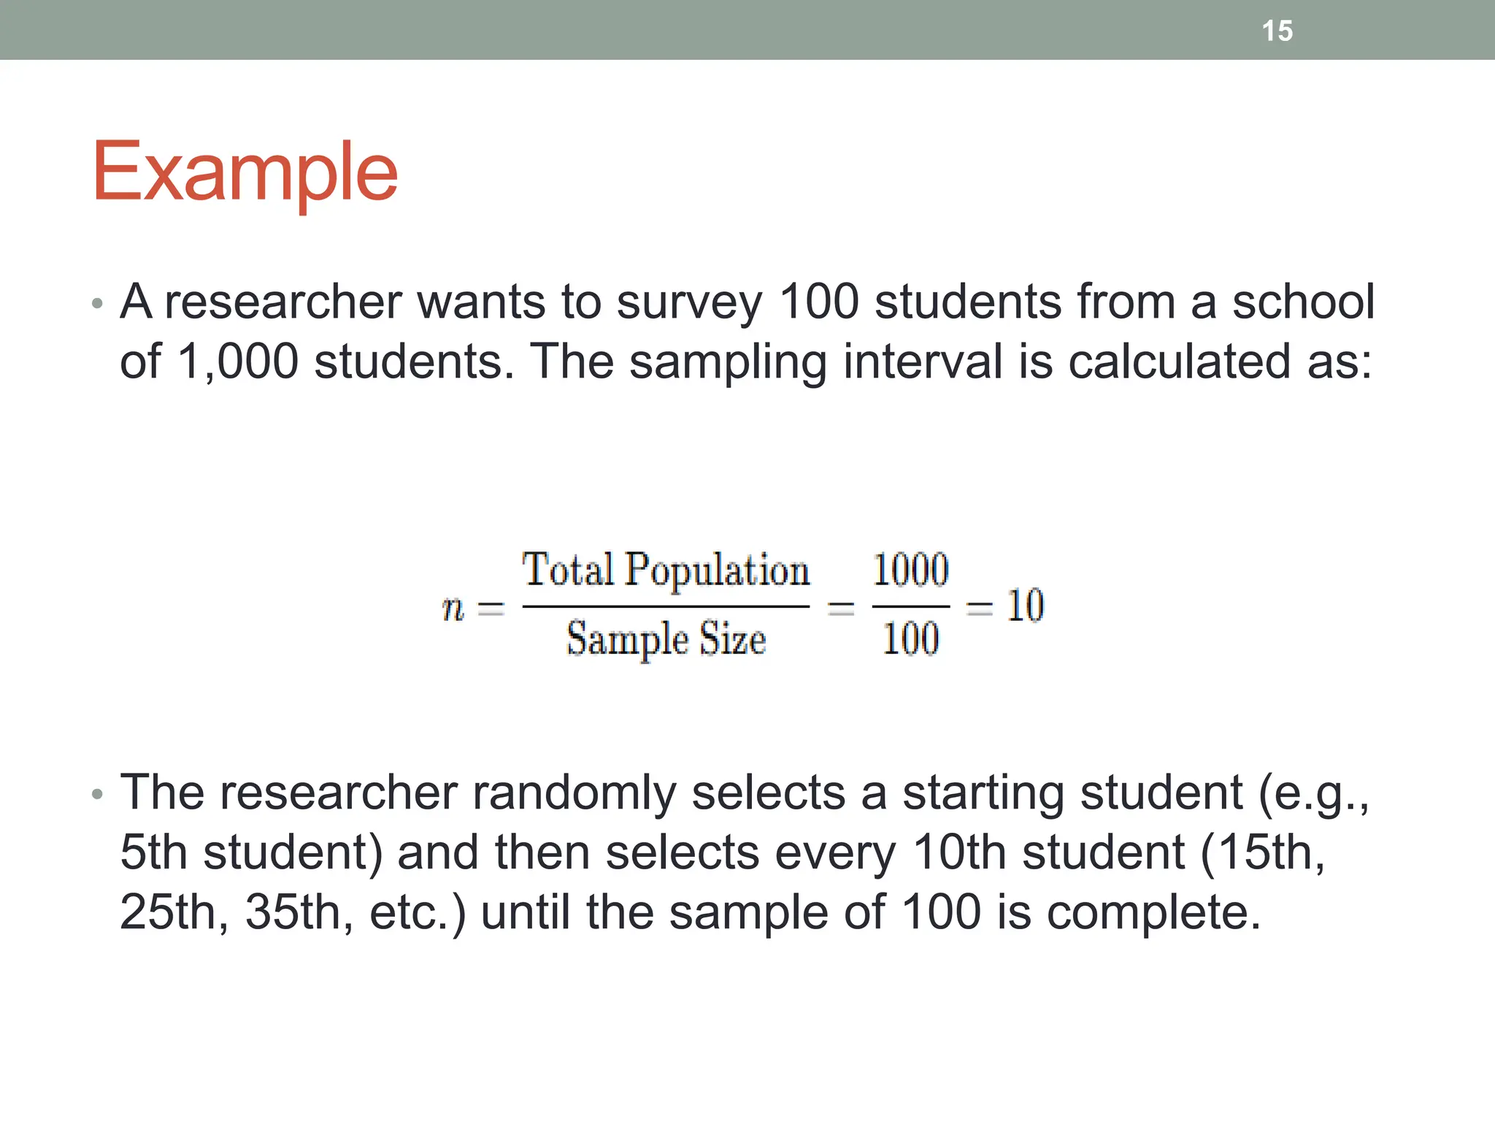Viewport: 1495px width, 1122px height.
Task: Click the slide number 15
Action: (1277, 31)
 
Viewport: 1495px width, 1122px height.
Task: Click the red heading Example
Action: (245, 172)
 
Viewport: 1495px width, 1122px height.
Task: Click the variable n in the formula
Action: (453, 607)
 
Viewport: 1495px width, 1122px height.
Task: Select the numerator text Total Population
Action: (666, 570)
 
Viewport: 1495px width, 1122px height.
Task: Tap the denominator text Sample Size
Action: (666, 639)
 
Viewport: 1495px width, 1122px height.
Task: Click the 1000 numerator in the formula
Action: (910, 570)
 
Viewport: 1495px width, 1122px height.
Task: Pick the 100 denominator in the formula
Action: (910, 639)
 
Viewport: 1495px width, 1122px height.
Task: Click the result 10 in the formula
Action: (1025, 606)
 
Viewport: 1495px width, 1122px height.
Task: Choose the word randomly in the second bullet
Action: (574, 793)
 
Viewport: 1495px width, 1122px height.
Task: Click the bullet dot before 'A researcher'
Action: (98, 303)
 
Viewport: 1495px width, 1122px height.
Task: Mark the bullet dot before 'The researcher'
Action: (98, 794)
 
